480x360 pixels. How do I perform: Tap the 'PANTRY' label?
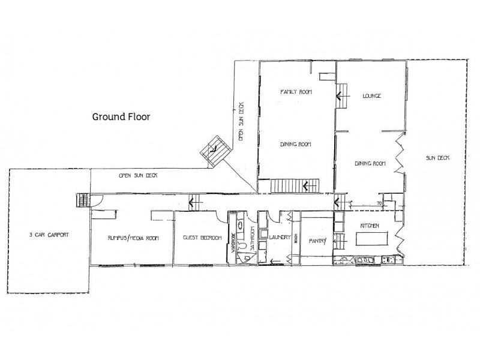click(316, 241)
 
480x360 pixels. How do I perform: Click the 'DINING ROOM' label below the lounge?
click(370, 163)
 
